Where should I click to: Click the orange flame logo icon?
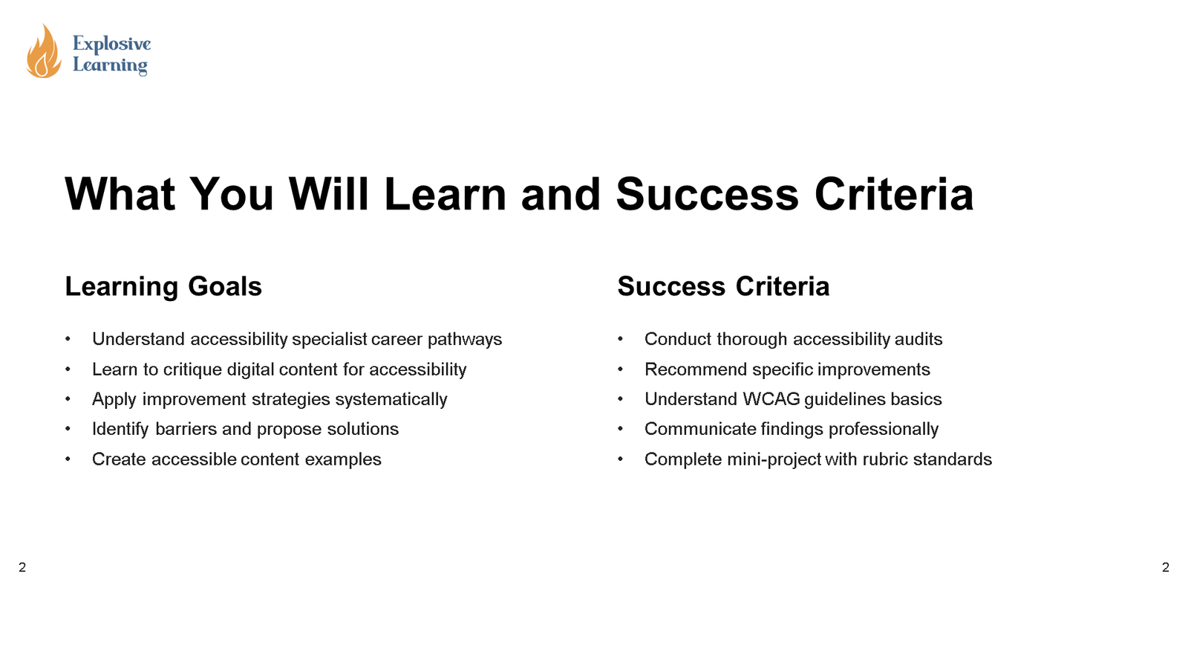click(x=43, y=52)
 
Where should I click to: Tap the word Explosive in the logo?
click(x=111, y=44)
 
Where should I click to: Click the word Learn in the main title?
click(x=445, y=195)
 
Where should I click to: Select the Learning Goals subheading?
click(x=163, y=287)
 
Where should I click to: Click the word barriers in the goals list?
click(x=186, y=429)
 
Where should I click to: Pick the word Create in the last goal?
click(x=119, y=459)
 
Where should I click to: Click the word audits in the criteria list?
click(x=918, y=340)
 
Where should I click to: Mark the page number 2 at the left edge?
click(x=22, y=568)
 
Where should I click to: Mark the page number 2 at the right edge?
click(x=1166, y=568)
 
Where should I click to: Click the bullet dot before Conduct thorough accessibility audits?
click(x=620, y=340)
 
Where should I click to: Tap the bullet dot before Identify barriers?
click(x=68, y=429)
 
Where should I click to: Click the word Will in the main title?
click(x=328, y=195)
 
